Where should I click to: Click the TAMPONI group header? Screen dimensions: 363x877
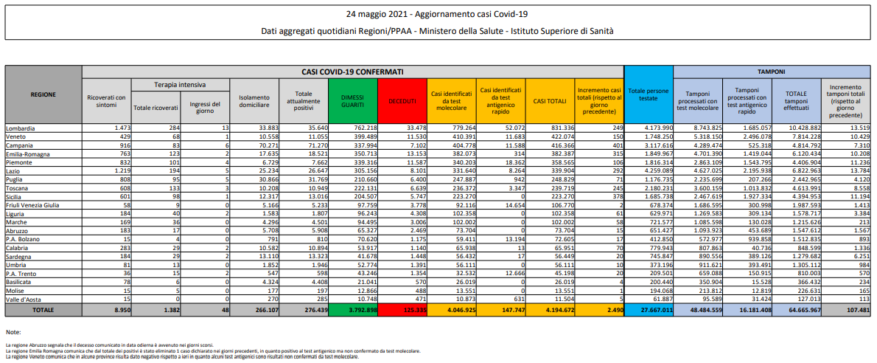pos(771,72)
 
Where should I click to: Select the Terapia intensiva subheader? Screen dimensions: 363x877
pos(180,85)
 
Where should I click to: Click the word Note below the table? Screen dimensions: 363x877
pos(13,333)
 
